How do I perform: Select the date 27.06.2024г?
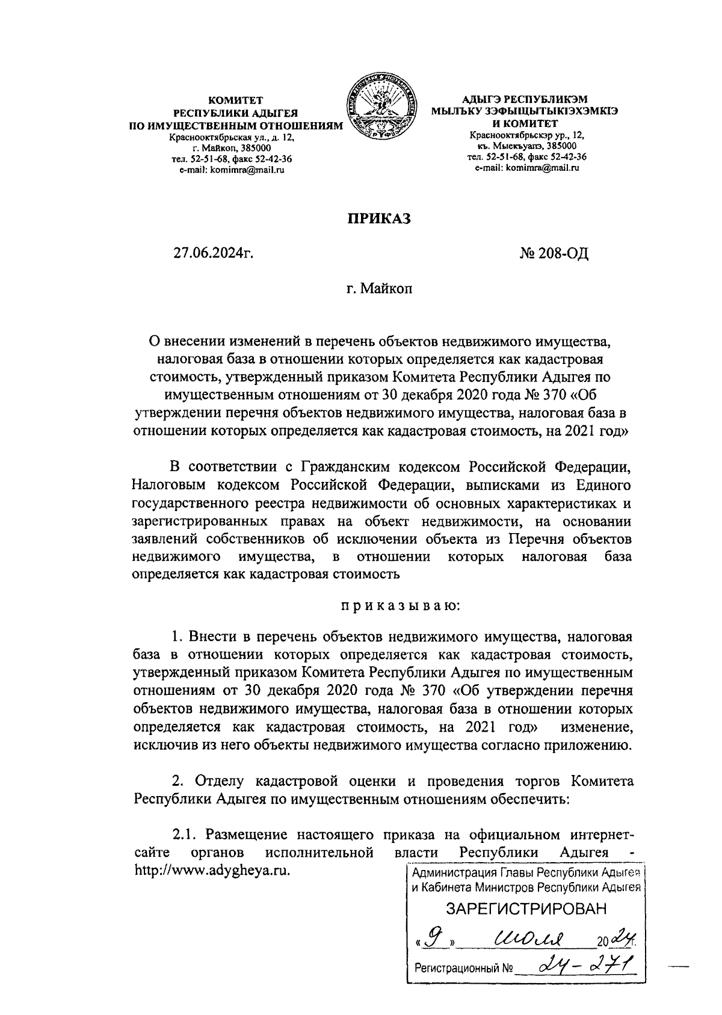click(x=212, y=254)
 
